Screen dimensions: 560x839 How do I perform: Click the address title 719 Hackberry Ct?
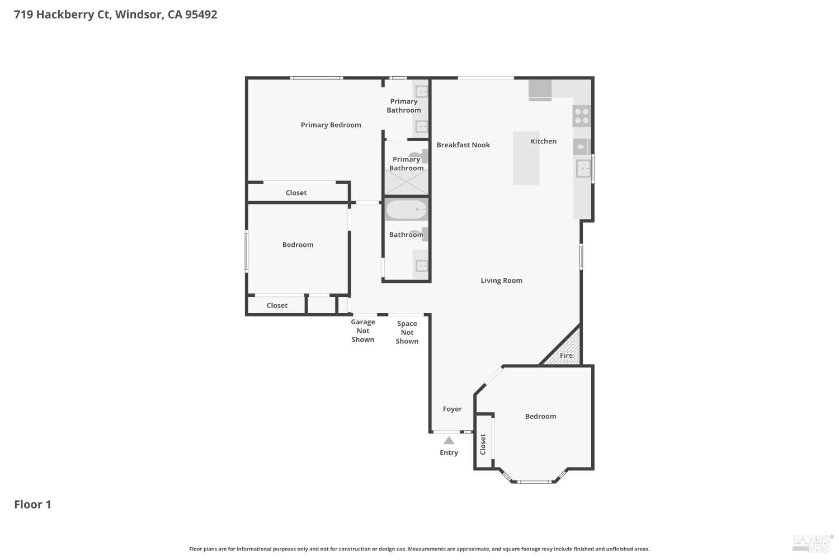click(x=115, y=15)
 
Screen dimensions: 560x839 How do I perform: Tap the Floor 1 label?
click(x=32, y=504)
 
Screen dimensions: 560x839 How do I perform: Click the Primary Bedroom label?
click(x=331, y=125)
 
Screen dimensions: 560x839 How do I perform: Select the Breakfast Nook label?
click(x=463, y=145)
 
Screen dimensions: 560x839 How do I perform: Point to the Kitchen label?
click(x=543, y=141)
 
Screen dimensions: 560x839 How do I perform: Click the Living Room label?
click(x=501, y=281)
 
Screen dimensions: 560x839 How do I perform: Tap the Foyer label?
click(x=452, y=409)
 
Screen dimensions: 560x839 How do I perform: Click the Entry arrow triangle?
click(x=449, y=441)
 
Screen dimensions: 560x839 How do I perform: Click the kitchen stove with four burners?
click(x=582, y=116)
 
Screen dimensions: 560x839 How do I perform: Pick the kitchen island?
click(x=526, y=158)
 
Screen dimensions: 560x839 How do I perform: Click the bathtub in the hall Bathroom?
click(x=406, y=211)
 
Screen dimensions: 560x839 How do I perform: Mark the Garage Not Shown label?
click(x=362, y=330)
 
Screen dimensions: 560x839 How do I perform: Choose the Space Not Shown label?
click(x=407, y=332)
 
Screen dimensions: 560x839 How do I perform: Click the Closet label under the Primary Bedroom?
click(x=296, y=193)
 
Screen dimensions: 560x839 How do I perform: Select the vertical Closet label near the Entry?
click(x=483, y=444)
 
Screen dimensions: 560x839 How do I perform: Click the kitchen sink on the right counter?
click(x=583, y=169)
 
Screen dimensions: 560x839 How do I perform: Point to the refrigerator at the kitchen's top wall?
click(x=540, y=90)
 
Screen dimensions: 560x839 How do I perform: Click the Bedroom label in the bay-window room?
click(x=540, y=416)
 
